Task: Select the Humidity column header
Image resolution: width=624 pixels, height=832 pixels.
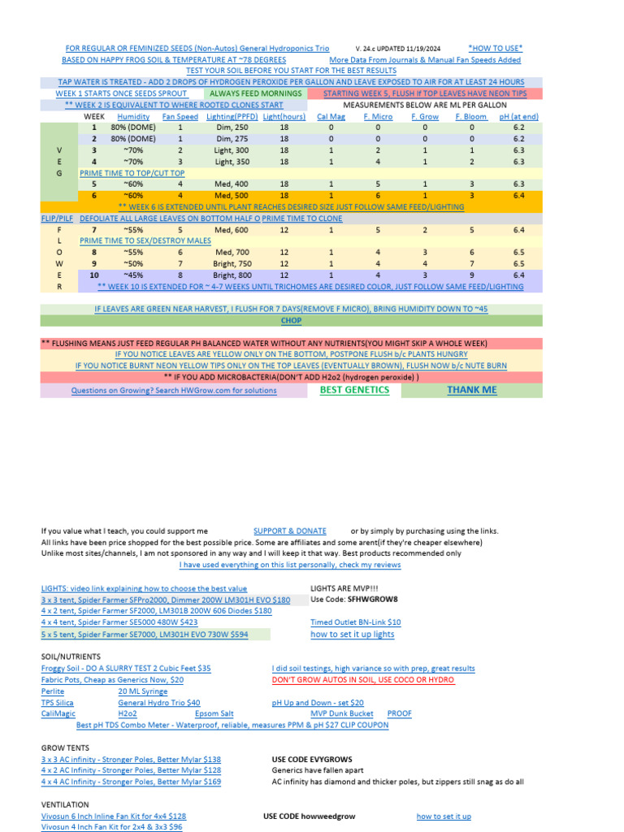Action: [133, 117]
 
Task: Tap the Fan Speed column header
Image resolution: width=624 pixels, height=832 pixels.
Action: [180, 117]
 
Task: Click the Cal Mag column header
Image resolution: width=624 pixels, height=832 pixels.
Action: [331, 117]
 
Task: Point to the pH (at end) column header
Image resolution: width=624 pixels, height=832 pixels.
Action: [518, 117]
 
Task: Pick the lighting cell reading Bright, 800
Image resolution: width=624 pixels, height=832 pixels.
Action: [232, 275]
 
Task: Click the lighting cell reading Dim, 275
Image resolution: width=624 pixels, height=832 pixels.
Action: [232, 139]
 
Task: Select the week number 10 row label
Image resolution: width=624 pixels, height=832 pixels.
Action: [93, 275]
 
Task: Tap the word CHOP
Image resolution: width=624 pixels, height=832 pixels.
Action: [291, 321]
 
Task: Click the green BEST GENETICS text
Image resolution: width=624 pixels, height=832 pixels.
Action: [354, 390]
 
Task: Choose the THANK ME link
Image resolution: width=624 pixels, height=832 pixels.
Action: [471, 390]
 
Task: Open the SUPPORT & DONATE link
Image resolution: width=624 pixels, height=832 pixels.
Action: [289, 531]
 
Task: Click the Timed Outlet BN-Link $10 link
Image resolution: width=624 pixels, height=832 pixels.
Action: [355, 622]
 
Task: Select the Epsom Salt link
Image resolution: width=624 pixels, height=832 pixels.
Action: [214, 713]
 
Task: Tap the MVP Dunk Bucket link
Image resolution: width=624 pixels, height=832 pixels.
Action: [342, 713]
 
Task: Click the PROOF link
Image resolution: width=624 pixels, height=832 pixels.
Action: [399, 713]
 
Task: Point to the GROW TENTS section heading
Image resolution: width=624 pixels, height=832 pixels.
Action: [65, 747]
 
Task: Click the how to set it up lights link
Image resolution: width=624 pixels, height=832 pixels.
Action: [352, 635]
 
